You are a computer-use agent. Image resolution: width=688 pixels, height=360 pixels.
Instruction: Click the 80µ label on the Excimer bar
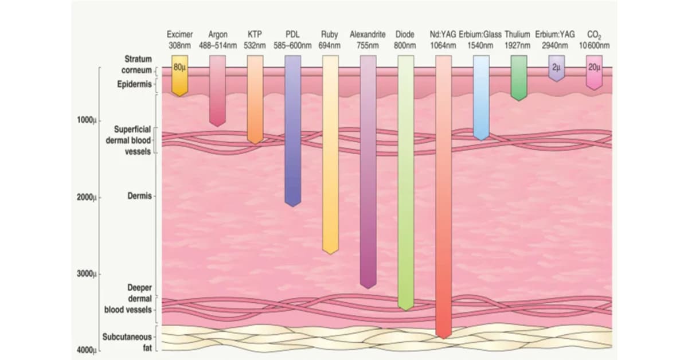pyautogui.click(x=179, y=67)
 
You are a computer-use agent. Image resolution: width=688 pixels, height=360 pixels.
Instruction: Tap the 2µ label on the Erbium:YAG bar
pyautogui.click(x=557, y=67)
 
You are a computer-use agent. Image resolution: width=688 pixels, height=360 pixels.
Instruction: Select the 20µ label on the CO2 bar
pyautogui.click(x=595, y=67)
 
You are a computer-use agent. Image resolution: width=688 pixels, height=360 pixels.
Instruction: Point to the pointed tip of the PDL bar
pyautogui.click(x=293, y=207)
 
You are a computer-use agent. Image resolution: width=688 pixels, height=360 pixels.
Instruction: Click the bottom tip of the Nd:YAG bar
pyautogui.click(x=444, y=338)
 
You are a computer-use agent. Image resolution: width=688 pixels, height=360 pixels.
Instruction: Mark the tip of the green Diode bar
pyautogui.click(x=406, y=311)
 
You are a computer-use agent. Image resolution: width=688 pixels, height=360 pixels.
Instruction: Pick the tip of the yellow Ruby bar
pyautogui.click(x=330, y=255)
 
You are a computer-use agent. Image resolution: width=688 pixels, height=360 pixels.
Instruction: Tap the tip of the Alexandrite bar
pyautogui.click(x=368, y=289)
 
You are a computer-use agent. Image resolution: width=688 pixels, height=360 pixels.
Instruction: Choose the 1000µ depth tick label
pyautogui.click(x=87, y=120)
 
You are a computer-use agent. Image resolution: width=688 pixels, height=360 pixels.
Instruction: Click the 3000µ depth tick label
pyautogui.click(x=87, y=273)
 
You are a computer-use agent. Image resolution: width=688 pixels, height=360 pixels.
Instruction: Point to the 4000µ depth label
pyautogui.click(x=87, y=350)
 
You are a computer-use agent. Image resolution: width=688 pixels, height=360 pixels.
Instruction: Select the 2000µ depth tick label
pyautogui.click(x=87, y=197)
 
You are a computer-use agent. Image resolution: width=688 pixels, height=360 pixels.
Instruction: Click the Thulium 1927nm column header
pyautogui.click(x=518, y=40)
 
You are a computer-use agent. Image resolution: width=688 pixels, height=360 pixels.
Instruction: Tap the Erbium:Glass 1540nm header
pyautogui.click(x=480, y=40)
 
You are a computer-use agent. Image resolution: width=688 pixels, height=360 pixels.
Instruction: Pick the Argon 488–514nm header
pyautogui.click(x=218, y=40)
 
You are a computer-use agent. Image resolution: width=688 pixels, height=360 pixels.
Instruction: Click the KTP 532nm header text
pyautogui.click(x=255, y=40)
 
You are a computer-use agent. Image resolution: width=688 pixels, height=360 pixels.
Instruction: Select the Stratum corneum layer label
pyautogui.click(x=136, y=65)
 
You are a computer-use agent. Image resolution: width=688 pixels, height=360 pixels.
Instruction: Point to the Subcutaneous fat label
pyautogui.click(x=127, y=342)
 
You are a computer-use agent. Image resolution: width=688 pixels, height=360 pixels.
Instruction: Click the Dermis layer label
pyautogui.click(x=139, y=196)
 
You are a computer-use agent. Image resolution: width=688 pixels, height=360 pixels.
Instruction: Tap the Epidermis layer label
pyautogui.click(x=135, y=84)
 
